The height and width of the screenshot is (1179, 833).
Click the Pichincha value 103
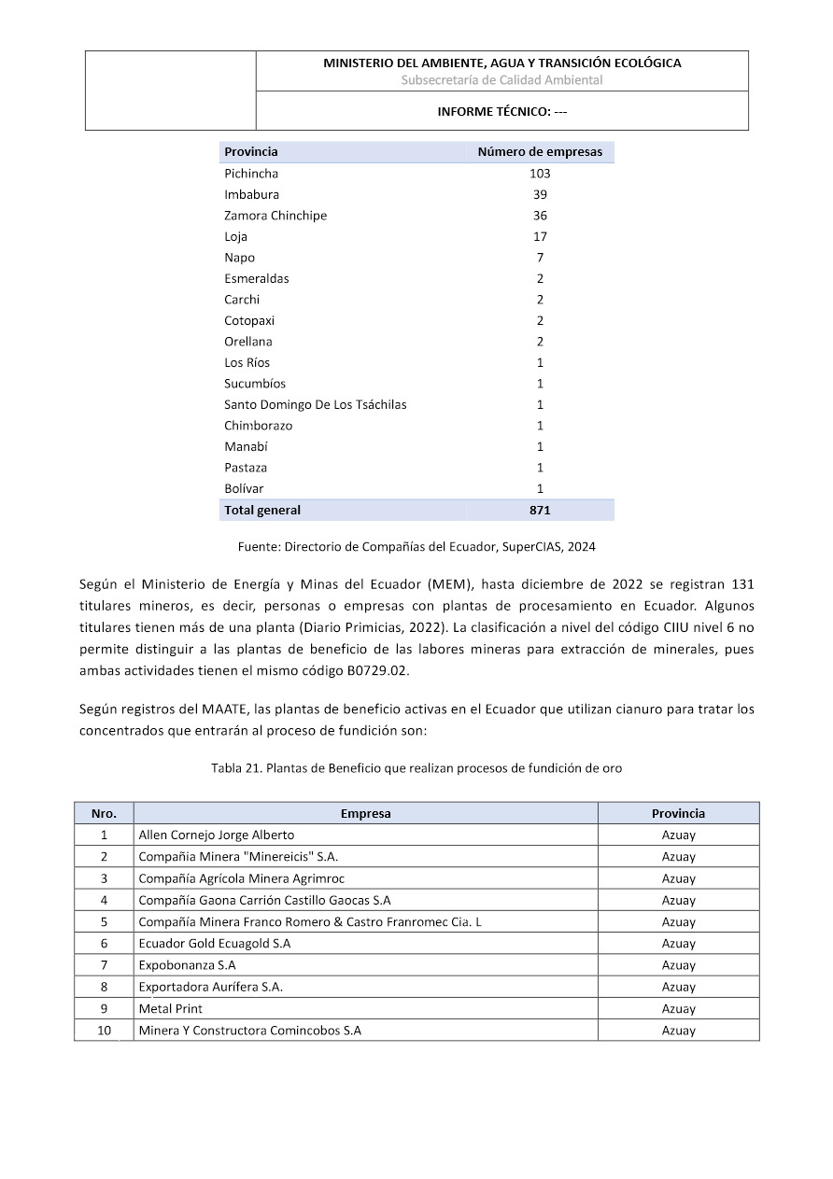tap(540, 174)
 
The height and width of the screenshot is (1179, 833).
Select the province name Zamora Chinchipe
tap(275, 216)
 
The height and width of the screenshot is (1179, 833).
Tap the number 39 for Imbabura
tap(540, 195)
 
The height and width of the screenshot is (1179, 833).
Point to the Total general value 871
tap(540, 511)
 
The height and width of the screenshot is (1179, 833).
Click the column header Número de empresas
tap(540, 152)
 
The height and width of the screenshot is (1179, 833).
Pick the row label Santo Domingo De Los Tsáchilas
tap(315, 405)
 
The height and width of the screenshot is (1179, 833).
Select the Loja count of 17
tap(540, 237)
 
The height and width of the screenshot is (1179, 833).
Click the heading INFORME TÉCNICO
tap(502, 111)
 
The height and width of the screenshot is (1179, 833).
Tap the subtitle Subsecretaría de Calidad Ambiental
tap(502, 80)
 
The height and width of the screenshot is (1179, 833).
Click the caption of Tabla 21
tap(416, 768)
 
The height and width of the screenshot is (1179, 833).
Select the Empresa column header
tap(365, 814)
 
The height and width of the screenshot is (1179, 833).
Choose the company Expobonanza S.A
tap(187, 965)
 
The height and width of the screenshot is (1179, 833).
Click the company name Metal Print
tap(170, 1009)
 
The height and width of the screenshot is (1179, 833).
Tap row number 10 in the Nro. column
tap(104, 1031)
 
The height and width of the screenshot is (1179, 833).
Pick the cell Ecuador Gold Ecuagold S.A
tap(214, 944)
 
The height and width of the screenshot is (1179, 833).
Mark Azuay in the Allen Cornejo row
tap(679, 835)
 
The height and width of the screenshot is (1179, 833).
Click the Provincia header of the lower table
tap(679, 814)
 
